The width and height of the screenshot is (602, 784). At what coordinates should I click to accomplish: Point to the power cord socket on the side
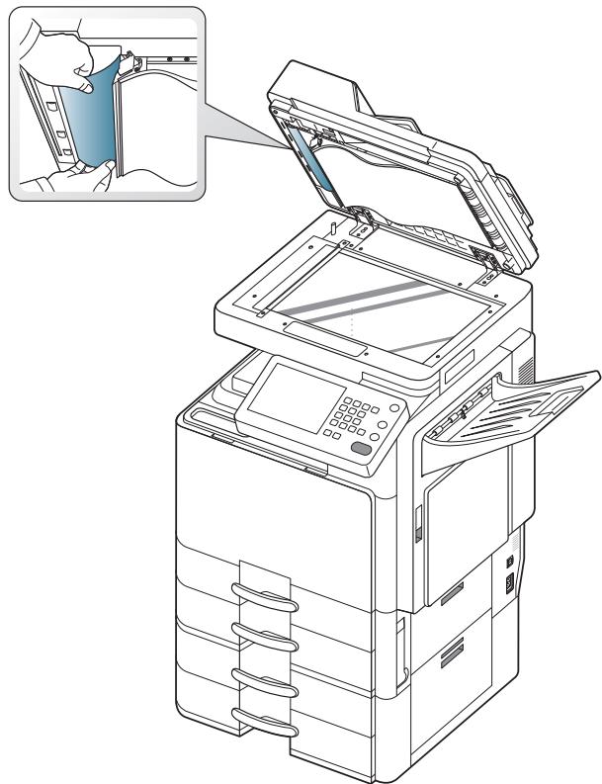tap(511, 585)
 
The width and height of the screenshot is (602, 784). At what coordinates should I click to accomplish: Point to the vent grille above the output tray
tap(525, 367)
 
